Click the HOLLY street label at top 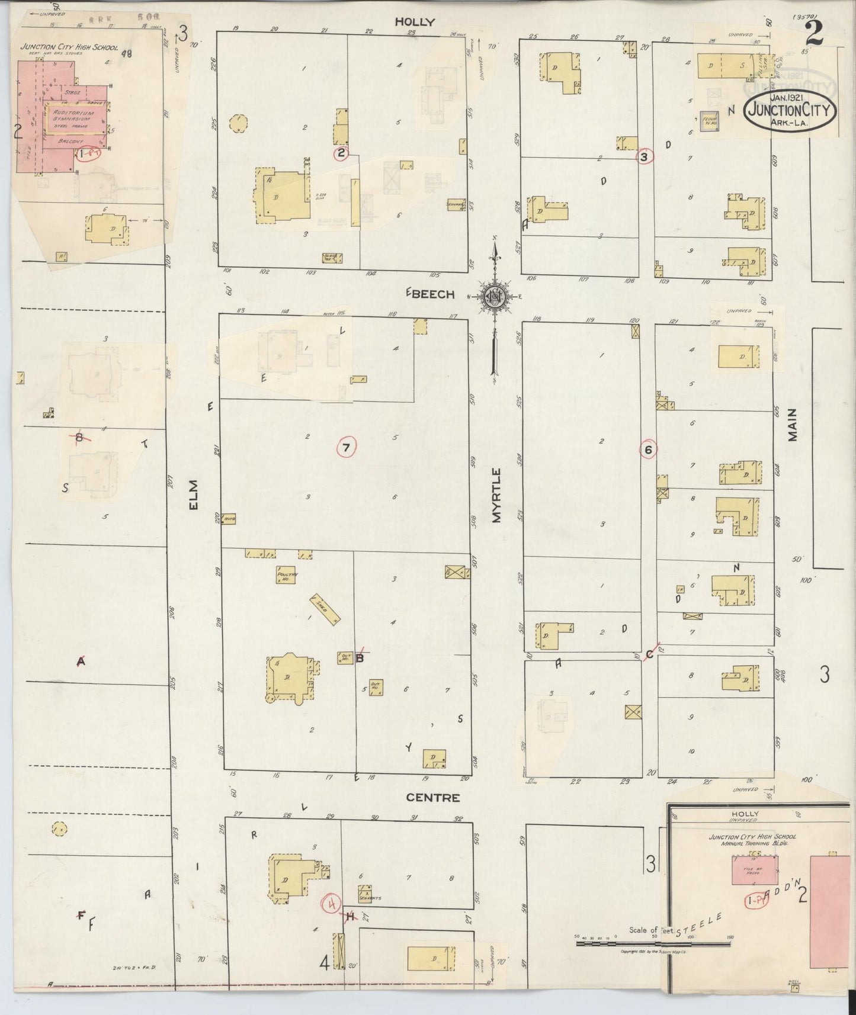pos(415,22)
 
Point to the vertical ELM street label pos(194,494)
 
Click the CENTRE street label pos(432,798)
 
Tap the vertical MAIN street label pos(793,425)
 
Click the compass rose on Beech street pos(495,297)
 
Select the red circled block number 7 pos(346,448)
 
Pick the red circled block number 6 pos(649,450)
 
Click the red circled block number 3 pos(645,157)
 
